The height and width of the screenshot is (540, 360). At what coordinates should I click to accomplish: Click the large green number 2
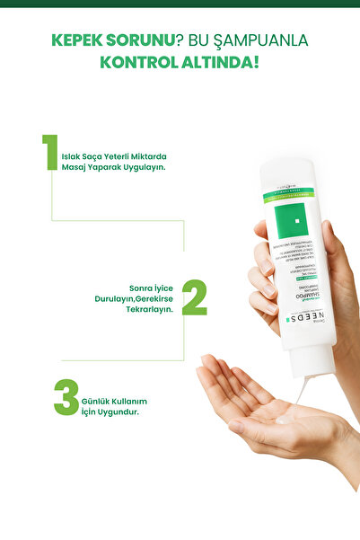pyautogui.click(x=195, y=297)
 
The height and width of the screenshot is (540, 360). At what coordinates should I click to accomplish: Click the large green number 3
pyautogui.click(x=65, y=398)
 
